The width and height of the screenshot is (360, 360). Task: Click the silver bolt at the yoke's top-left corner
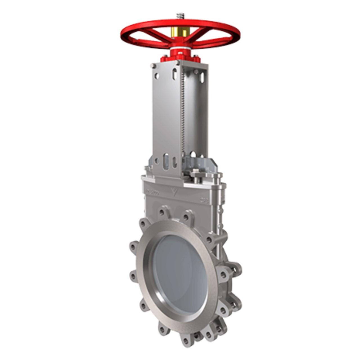(x=153, y=66)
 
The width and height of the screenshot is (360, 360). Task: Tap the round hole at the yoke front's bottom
(x=156, y=161)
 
